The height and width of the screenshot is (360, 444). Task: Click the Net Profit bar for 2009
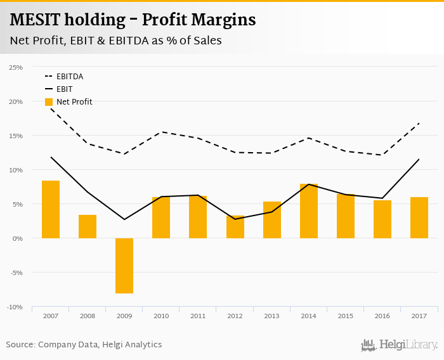pyautogui.click(x=124, y=266)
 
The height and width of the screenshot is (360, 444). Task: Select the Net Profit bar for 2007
pyautogui.click(x=51, y=209)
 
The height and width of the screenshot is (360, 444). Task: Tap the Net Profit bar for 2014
pyautogui.click(x=309, y=211)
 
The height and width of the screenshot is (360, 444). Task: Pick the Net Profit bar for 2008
pyautogui.click(x=88, y=226)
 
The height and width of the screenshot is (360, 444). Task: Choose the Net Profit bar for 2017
pyautogui.click(x=419, y=217)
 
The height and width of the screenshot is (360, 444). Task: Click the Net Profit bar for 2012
pyautogui.click(x=235, y=227)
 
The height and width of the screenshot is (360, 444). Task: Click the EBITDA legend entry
pyautogui.click(x=70, y=77)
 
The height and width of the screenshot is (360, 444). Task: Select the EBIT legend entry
pyautogui.click(x=64, y=89)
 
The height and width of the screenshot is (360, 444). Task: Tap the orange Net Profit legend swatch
pyautogui.click(x=49, y=102)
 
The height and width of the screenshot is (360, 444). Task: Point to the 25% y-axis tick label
pyautogui.click(x=16, y=67)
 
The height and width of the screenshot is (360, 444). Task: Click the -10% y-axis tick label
pyautogui.click(x=15, y=307)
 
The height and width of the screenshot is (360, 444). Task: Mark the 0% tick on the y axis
pyautogui.click(x=18, y=238)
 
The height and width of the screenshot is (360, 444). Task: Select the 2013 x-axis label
pyautogui.click(x=272, y=316)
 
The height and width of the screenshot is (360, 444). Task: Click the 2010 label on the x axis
pyautogui.click(x=161, y=316)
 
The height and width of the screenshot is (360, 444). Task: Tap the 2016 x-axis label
pyautogui.click(x=382, y=316)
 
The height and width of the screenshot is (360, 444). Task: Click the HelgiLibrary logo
pyautogui.click(x=400, y=345)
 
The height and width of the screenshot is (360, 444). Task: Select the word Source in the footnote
pyautogui.click(x=20, y=345)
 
